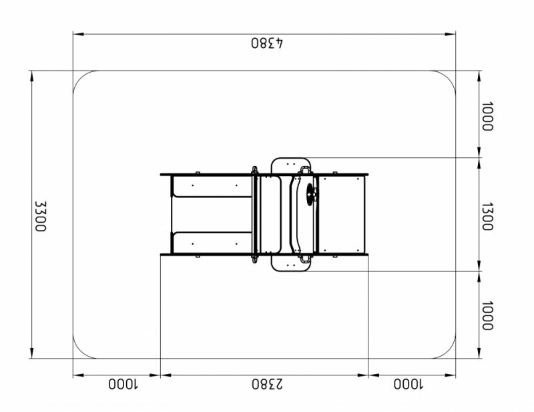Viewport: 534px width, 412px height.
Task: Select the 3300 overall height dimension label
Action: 41,216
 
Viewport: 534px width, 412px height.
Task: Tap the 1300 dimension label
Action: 487,217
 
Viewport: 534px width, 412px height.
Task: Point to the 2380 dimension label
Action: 267,384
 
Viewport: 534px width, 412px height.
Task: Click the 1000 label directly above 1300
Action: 487,117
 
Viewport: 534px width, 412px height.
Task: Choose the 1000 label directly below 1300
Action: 487,315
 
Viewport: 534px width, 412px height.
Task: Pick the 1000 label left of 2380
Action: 123,384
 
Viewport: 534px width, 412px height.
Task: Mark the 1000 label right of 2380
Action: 408,384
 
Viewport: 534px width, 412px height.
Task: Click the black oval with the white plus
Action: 310,194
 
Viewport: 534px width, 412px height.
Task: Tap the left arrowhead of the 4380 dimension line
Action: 78,34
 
